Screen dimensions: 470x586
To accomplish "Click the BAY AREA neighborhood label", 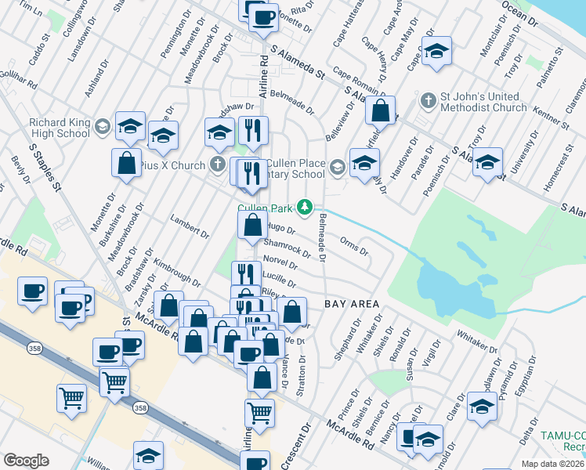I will pos(352,303).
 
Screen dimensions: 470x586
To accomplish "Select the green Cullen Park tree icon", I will pos(309,208).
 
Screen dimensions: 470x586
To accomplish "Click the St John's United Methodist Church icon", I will pos(428,101).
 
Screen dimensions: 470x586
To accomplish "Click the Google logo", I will pos(26,461).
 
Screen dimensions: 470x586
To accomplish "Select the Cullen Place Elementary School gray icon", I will pos(338,166).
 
